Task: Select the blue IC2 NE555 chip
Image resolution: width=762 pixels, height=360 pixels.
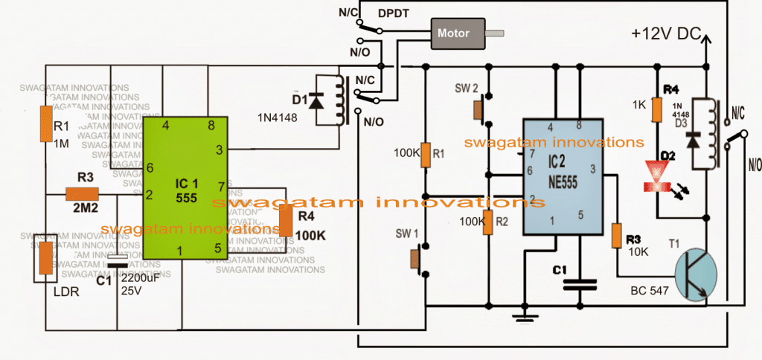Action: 563,179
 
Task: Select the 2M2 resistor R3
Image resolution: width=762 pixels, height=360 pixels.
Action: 82,194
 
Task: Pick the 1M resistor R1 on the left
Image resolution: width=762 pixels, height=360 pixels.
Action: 46,123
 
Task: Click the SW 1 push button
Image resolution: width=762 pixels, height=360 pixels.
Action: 417,260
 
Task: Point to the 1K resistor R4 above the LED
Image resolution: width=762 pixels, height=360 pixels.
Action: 657,110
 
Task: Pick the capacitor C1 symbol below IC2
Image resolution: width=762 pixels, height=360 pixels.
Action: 580,283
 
